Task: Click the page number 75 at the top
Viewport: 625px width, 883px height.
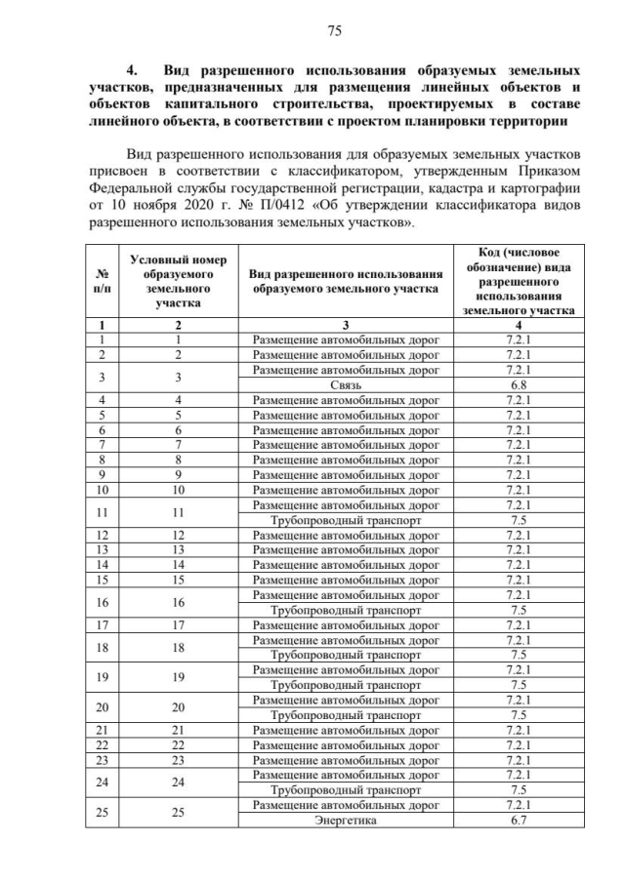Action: click(x=333, y=31)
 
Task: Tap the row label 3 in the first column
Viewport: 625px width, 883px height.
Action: click(x=103, y=378)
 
